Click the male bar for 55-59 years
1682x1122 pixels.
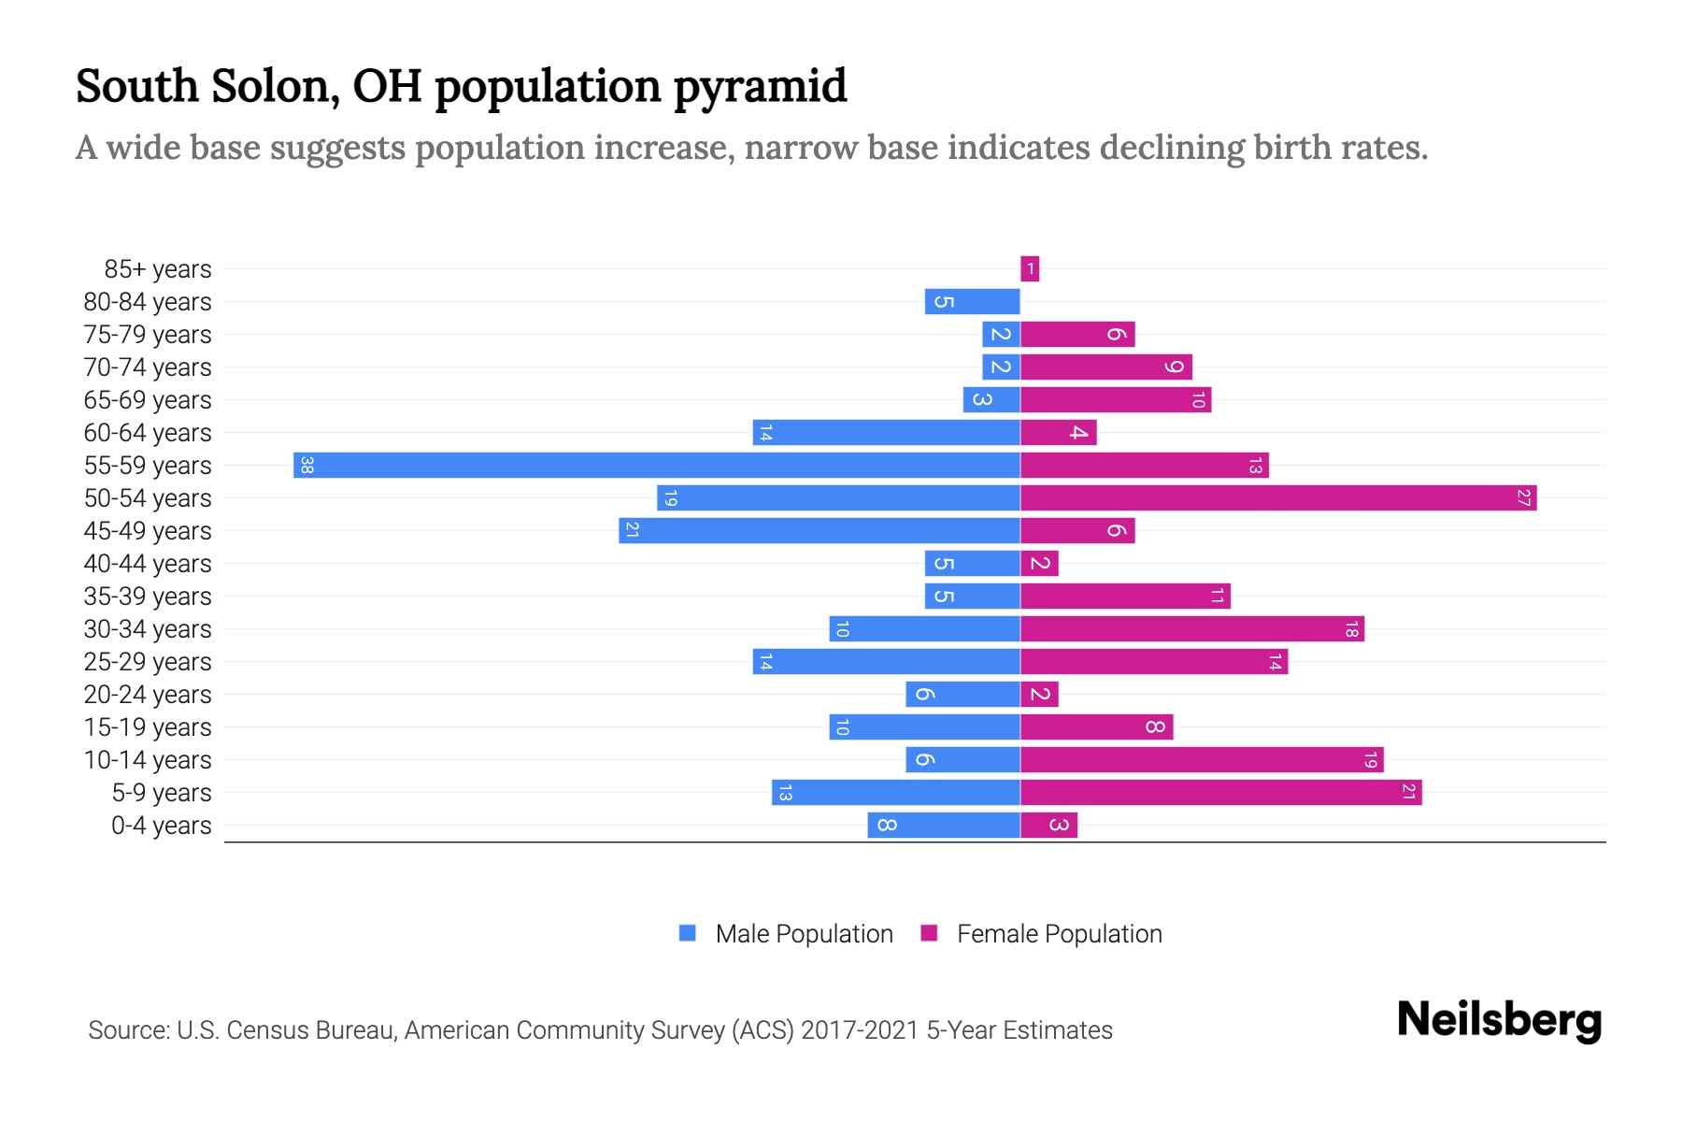656,465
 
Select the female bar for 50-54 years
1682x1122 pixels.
1278,497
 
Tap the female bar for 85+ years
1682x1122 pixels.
1030,269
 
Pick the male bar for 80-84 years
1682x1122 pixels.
972,301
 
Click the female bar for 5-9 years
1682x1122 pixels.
1220,792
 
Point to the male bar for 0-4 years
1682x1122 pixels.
943,825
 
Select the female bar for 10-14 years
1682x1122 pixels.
1202,759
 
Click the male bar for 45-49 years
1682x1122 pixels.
819,530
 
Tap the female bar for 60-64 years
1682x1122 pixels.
1058,432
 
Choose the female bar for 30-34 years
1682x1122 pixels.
1191,628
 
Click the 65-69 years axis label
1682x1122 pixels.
148,400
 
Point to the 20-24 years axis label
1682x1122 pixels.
148,695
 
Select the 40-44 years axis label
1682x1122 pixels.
148,564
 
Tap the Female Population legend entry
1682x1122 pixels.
1042,933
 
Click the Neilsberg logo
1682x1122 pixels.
1499,1019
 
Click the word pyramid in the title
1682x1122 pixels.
760,87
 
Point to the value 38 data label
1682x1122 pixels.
306,465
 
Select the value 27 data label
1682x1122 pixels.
1523,497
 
